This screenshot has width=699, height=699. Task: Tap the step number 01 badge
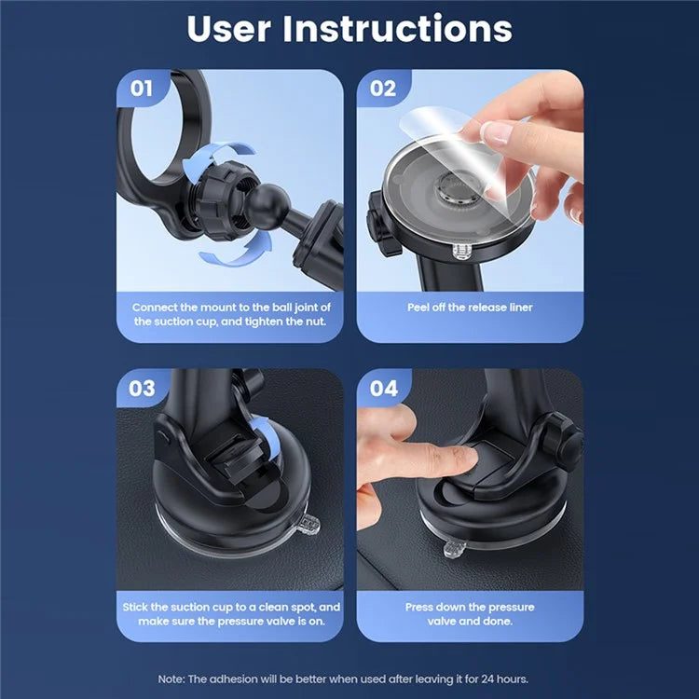pyautogui.click(x=141, y=89)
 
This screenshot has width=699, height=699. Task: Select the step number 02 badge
pyautogui.click(x=382, y=89)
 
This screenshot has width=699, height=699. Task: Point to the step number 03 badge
pyautogui.click(x=141, y=388)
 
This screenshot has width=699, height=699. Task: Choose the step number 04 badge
pyautogui.click(x=383, y=388)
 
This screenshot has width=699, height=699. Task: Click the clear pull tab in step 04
pyautogui.click(x=454, y=550)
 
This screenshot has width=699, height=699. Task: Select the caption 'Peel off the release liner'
pyautogui.click(x=470, y=307)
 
